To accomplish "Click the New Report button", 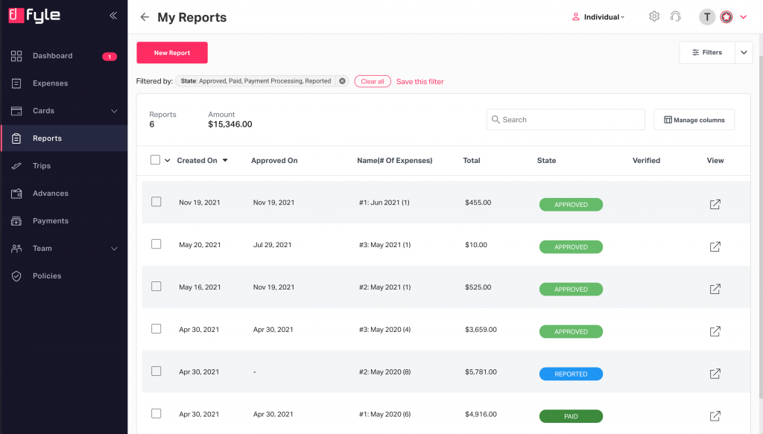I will coord(172,53).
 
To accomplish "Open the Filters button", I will coord(707,53).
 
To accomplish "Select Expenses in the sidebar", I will coord(50,83).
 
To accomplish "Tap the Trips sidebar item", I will coord(42,166).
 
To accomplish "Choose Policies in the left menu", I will coord(47,276).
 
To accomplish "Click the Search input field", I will coord(566,120).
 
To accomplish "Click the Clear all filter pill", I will coord(373,81).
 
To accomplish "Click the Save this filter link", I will coord(420,82).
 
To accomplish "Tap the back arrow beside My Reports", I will coord(145,17).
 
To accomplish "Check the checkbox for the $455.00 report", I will coord(156,202).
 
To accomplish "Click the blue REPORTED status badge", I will coord(571,374).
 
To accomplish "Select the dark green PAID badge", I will coord(571,417).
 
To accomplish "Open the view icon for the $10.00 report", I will coord(715,246).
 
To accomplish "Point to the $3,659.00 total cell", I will coord(481,330).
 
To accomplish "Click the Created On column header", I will coord(197,161).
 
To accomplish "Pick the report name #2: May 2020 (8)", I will coord(384,372).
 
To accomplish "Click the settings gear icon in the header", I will coord(654,16).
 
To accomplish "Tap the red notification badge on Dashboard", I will coord(110,57).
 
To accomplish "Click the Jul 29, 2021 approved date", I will coord(273,245).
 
